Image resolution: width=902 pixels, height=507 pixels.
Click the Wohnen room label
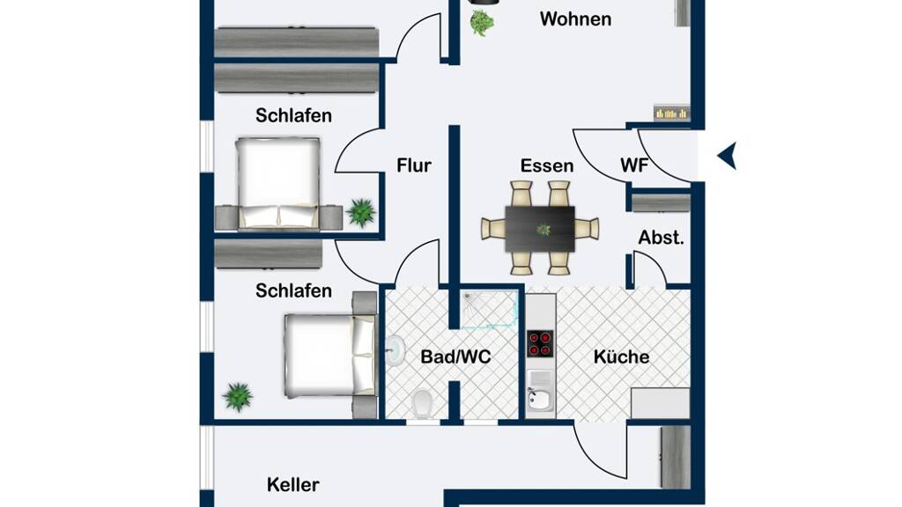[575, 19]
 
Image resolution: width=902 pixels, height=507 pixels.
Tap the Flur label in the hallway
[414, 165]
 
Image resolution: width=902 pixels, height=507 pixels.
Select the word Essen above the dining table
[546, 165]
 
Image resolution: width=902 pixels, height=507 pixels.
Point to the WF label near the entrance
[634, 165]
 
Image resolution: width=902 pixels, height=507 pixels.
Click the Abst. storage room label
[661, 238]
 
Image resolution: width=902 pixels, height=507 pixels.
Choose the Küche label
[621, 357]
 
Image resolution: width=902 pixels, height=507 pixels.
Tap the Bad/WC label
[455, 357]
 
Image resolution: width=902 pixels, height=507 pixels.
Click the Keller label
[292, 485]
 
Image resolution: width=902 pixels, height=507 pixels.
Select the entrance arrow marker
[727, 156]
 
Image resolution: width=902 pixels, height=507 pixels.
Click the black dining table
[540, 229]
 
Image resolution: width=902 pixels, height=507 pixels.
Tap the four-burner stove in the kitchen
[540, 344]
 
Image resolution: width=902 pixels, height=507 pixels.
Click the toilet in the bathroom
[423, 403]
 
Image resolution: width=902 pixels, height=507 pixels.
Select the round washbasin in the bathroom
[396, 350]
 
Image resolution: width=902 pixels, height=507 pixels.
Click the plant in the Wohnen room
[482, 23]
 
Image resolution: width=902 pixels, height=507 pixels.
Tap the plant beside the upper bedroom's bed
[361, 212]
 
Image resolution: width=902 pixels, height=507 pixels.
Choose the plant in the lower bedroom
[238, 397]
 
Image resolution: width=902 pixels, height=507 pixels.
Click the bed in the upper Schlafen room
[277, 183]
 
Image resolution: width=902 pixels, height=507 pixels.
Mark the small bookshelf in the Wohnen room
[671, 113]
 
